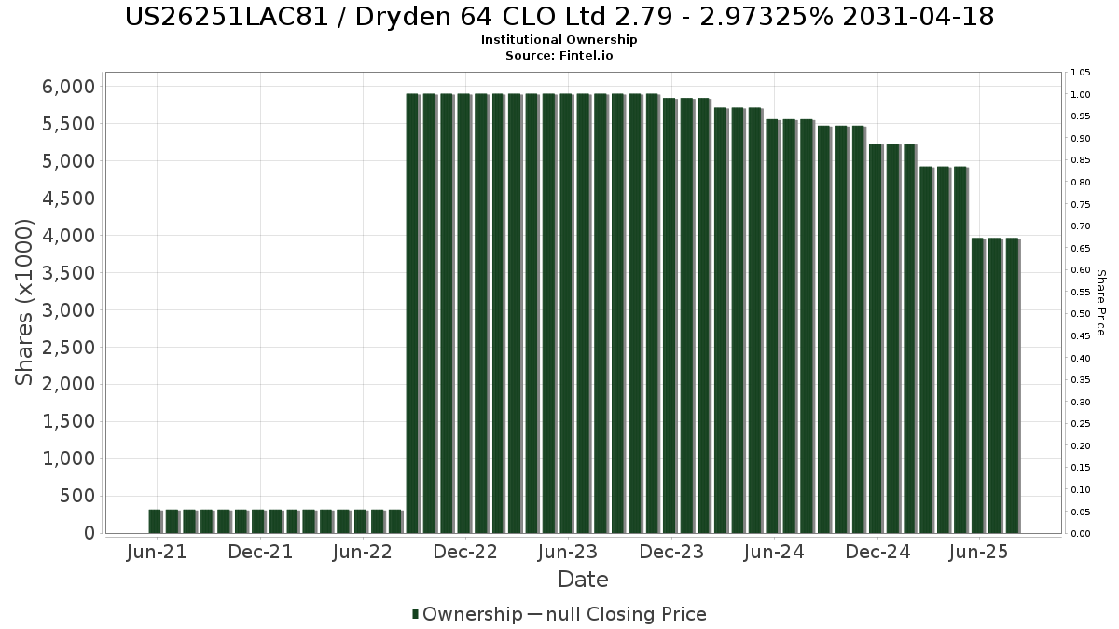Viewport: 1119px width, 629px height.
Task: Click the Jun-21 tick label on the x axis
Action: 157,552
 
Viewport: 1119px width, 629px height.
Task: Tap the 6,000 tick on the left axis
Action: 70,87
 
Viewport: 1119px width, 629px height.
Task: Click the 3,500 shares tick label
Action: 70,273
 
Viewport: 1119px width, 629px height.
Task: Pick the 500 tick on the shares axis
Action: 78,496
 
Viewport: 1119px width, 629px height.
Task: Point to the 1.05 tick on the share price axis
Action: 1081,73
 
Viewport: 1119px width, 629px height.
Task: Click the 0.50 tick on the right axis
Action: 1081,314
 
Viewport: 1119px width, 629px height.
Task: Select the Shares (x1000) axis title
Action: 25,302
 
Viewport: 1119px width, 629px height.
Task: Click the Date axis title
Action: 583,580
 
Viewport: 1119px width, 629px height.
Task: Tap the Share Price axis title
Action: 1100,302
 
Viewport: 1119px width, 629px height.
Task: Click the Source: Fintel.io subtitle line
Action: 559,55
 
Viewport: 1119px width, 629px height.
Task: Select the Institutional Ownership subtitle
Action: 559,40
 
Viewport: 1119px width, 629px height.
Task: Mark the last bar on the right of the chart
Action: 1012,386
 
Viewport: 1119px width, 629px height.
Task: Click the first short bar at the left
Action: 155,522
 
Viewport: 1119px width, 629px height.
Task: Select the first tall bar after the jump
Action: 412,313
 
